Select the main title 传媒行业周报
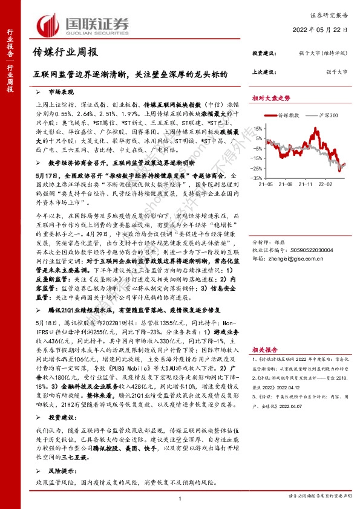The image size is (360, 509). (65, 53)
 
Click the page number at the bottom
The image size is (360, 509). (180, 497)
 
